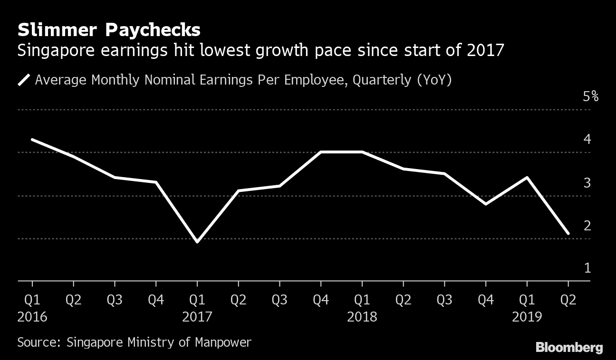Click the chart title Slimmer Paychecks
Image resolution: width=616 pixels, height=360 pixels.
[x=109, y=30]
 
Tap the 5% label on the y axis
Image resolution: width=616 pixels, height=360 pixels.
[x=591, y=97]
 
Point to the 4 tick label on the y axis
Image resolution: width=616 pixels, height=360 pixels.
[x=587, y=139]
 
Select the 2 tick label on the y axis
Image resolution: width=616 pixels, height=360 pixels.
[x=587, y=225]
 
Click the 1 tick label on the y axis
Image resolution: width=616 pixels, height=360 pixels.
[x=587, y=268]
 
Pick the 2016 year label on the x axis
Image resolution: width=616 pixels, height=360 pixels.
[x=32, y=316]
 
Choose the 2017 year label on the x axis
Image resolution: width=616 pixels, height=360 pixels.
[x=197, y=316]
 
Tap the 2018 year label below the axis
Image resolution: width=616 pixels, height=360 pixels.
[x=362, y=316]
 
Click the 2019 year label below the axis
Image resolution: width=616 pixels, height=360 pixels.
[x=527, y=316]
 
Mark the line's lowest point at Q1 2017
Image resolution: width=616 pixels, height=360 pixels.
[x=197, y=242]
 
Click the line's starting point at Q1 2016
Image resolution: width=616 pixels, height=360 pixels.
[x=32, y=140]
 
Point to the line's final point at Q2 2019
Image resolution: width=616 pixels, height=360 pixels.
[x=568, y=234]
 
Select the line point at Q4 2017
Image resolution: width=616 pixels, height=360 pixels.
[x=321, y=152]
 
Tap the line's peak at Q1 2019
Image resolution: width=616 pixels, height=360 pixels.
[x=527, y=178]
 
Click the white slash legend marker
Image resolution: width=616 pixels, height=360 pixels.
[x=24, y=80]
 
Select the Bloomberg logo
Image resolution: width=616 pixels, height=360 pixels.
[x=569, y=348]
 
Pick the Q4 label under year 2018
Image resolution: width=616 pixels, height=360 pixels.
[x=485, y=300]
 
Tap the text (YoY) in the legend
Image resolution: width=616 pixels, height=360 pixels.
[x=434, y=80]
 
